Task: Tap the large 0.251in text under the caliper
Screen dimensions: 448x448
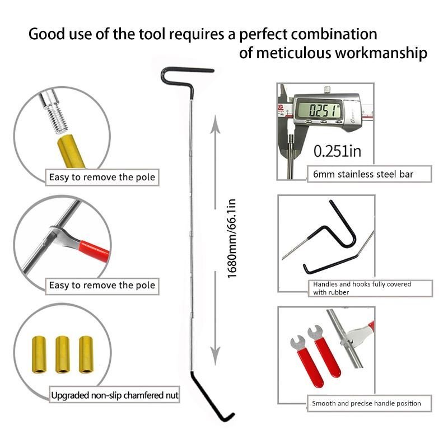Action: [x=337, y=151]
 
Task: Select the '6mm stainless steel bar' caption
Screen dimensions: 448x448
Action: [x=363, y=174]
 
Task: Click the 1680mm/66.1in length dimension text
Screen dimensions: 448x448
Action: [x=231, y=239]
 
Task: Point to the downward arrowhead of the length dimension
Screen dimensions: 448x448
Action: [x=215, y=356]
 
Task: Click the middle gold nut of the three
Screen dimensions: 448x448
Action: [x=63, y=354]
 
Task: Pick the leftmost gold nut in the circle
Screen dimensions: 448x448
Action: [x=39, y=354]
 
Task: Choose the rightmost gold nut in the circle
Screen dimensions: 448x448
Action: [x=86, y=354]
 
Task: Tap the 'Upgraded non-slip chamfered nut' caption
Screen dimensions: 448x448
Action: [x=115, y=395]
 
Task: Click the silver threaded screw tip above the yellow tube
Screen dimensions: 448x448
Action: [x=54, y=113]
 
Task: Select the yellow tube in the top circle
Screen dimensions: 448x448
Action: [x=71, y=151]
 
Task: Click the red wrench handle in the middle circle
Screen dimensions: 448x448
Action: [x=94, y=251]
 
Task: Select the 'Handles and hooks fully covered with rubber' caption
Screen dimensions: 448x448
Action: [x=362, y=288]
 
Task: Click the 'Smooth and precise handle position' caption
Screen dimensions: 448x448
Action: [x=366, y=403]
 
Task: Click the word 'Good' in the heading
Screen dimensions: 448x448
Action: [x=47, y=34]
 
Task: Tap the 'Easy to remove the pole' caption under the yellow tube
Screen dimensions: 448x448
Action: [x=102, y=177]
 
